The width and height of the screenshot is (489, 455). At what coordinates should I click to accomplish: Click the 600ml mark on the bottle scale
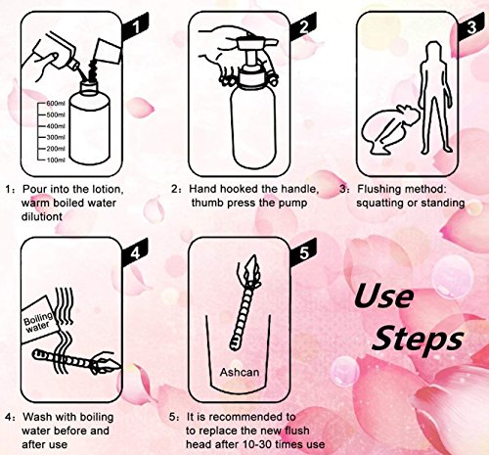tap(56, 104)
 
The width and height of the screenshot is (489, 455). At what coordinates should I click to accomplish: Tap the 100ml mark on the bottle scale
tap(56, 159)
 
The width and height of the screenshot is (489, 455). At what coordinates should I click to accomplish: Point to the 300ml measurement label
tap(56, 137)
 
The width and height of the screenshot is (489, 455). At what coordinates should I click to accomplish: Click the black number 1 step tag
tap(136, 26)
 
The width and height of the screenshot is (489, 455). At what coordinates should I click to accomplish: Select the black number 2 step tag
tap(303, 26)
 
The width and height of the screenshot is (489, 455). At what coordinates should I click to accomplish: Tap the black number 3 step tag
tap(471, 26)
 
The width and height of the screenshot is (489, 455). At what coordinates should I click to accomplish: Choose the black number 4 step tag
tap(136, 252)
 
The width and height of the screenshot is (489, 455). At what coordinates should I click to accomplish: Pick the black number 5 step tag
tap(303, 252)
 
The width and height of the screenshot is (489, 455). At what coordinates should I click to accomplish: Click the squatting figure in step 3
tap(388, 129)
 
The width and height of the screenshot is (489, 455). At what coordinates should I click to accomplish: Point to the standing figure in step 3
tap(435, 98)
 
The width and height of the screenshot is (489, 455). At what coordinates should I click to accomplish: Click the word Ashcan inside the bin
tap(240, 372)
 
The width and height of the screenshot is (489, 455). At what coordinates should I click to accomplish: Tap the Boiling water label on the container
tap(38, 322)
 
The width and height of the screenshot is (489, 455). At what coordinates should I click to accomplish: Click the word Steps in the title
tap(418, 340)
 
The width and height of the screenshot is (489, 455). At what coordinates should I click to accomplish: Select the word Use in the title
tap(384, 296)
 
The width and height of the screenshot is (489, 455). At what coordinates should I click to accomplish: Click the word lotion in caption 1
tap(108, 190)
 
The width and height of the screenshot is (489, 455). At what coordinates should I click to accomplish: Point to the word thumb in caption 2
tap(207, 203)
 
